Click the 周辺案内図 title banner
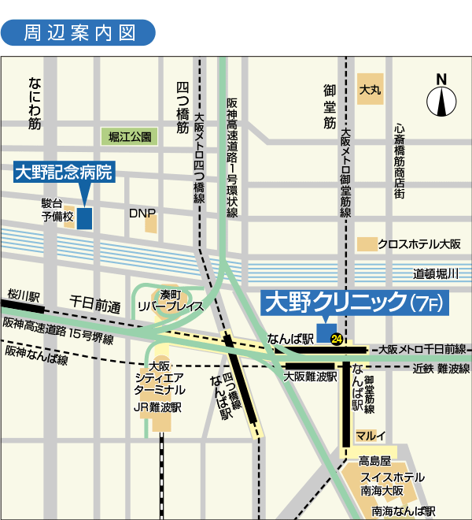click(79, 32)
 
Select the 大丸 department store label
click(370, 91)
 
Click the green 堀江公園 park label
click(130, 137)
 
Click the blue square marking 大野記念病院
click(83, 217)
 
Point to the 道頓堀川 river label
click(441, 273)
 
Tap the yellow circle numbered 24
click(337, 340)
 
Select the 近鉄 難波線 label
click(441, 368)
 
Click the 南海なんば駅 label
click(403, 511)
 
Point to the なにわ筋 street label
click(34, 103)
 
